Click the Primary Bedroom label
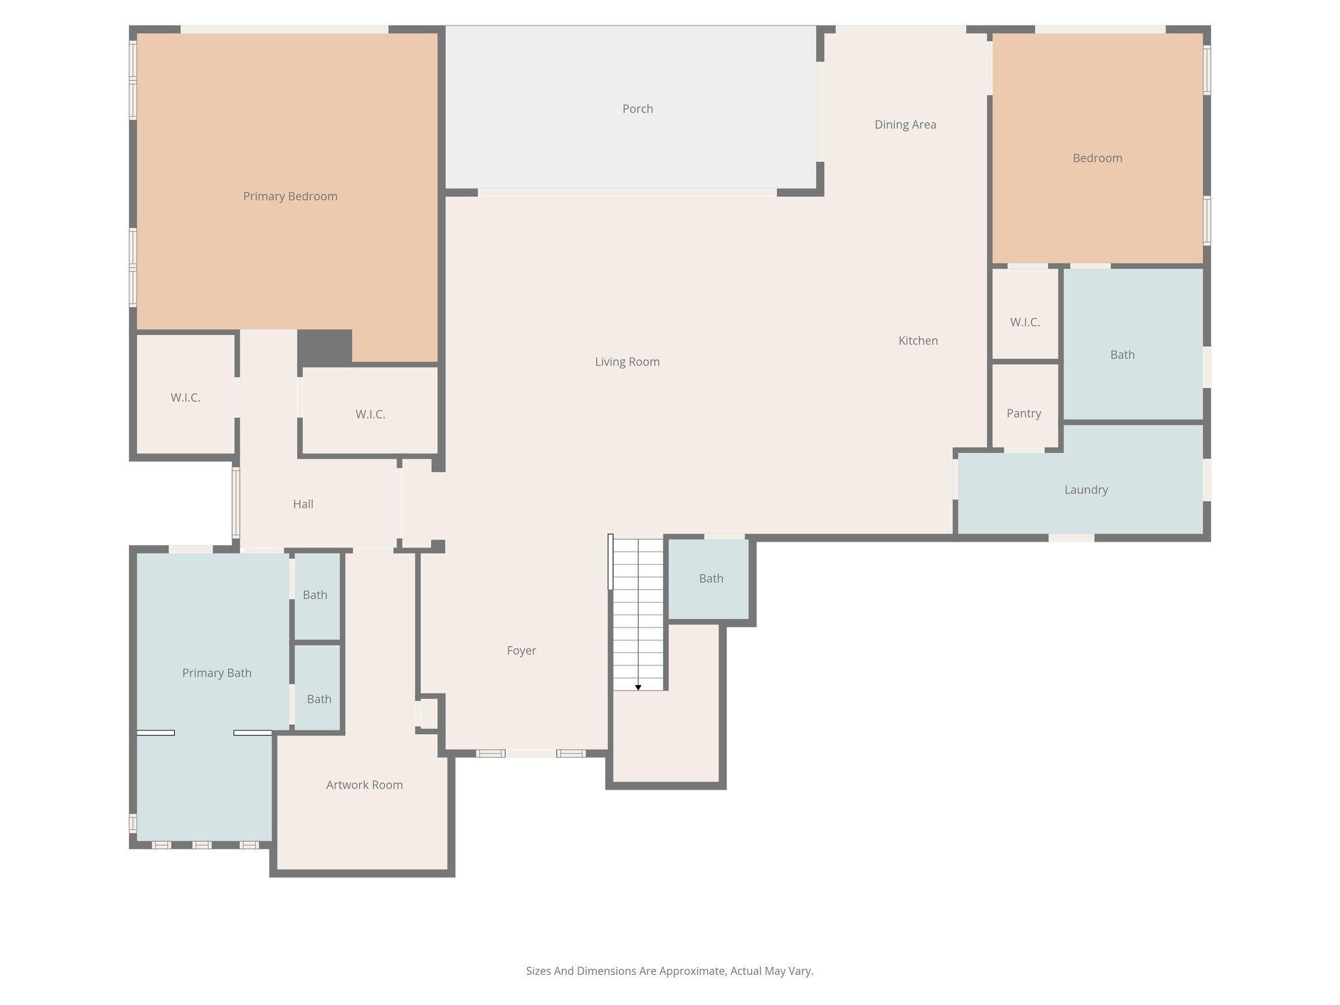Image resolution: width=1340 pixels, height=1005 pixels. coord(290,196)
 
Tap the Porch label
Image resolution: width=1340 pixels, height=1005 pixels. coord(637,109)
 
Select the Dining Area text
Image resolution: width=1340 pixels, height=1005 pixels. coord(905,124)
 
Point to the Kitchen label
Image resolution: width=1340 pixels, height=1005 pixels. coord(918,340)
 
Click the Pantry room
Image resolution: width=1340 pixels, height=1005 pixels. coord(1023,413)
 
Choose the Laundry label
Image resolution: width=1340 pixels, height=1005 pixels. coord(1085,489)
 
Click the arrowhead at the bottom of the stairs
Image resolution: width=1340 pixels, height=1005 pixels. coord(638,687)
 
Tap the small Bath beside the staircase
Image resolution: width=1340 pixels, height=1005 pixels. coord(711,578)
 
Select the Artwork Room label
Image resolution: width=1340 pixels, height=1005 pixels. coord(364,785)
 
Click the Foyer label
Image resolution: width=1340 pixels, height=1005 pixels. coord(521,650)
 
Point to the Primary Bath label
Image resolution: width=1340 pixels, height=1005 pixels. coord(217,673)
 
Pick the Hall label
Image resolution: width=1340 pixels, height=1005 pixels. coord(303,504)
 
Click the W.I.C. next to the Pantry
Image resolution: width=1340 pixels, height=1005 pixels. coord(1025,322)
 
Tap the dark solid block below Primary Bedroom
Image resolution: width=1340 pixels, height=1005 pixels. coord(325,347)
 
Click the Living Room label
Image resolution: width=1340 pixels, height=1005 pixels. coord(627,362)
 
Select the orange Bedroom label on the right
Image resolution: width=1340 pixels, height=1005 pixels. coord(1097,158)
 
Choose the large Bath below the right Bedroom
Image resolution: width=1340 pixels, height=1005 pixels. coord(1122,355)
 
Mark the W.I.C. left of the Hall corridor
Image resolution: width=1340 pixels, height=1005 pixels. coord(185,397)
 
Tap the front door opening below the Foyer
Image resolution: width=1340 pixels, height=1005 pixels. coord(531,754)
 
